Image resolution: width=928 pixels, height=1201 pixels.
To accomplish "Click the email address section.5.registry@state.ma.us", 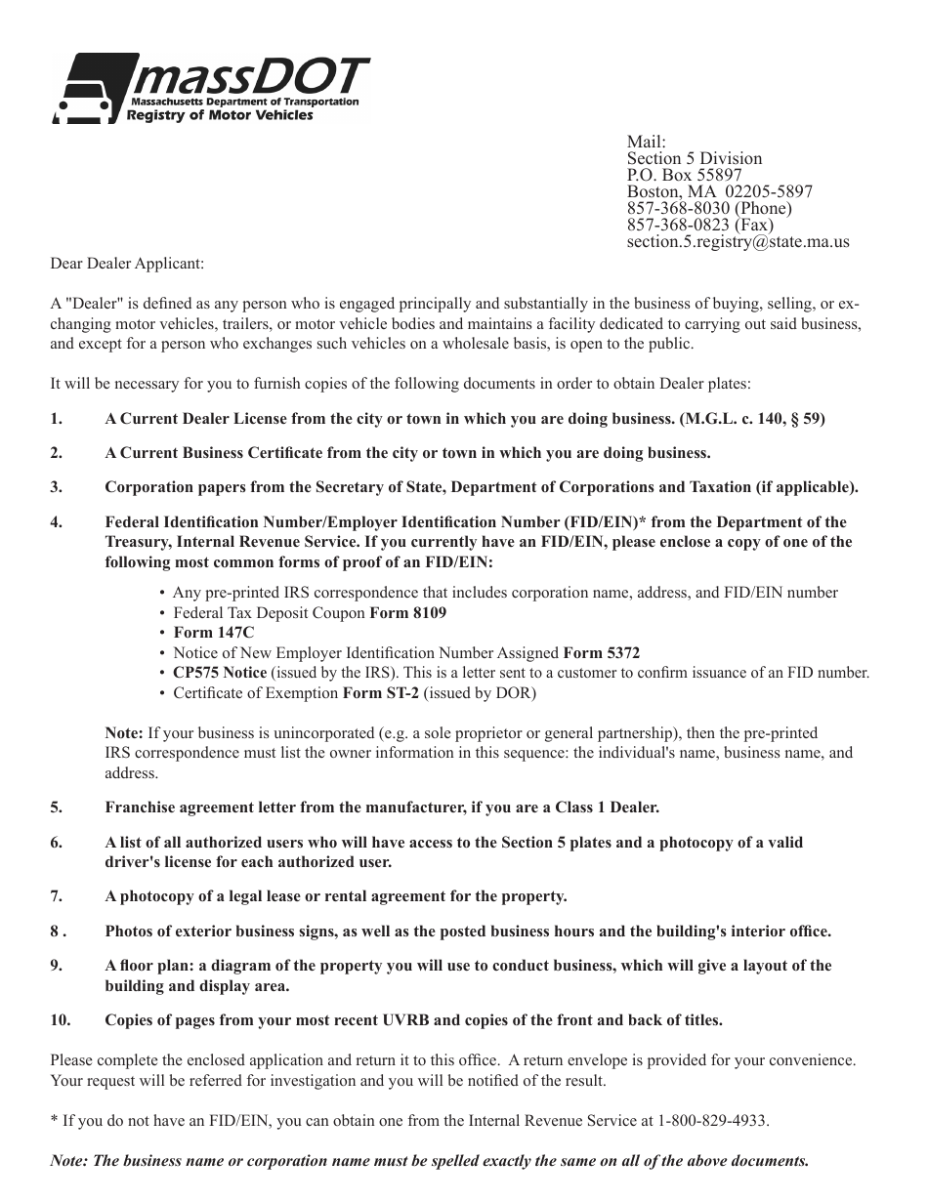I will [x=738, y=241].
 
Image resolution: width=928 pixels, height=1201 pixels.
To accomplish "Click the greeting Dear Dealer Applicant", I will [x=128, y=263].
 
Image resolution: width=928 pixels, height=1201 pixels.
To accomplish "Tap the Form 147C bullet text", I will [x=207, y=633].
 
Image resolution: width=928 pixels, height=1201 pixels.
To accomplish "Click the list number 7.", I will [x=57, y=895].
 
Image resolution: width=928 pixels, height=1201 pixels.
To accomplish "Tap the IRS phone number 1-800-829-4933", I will [x=712, y=1121].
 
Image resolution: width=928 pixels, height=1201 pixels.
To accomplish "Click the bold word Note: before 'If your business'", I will [x=124, y=732].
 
